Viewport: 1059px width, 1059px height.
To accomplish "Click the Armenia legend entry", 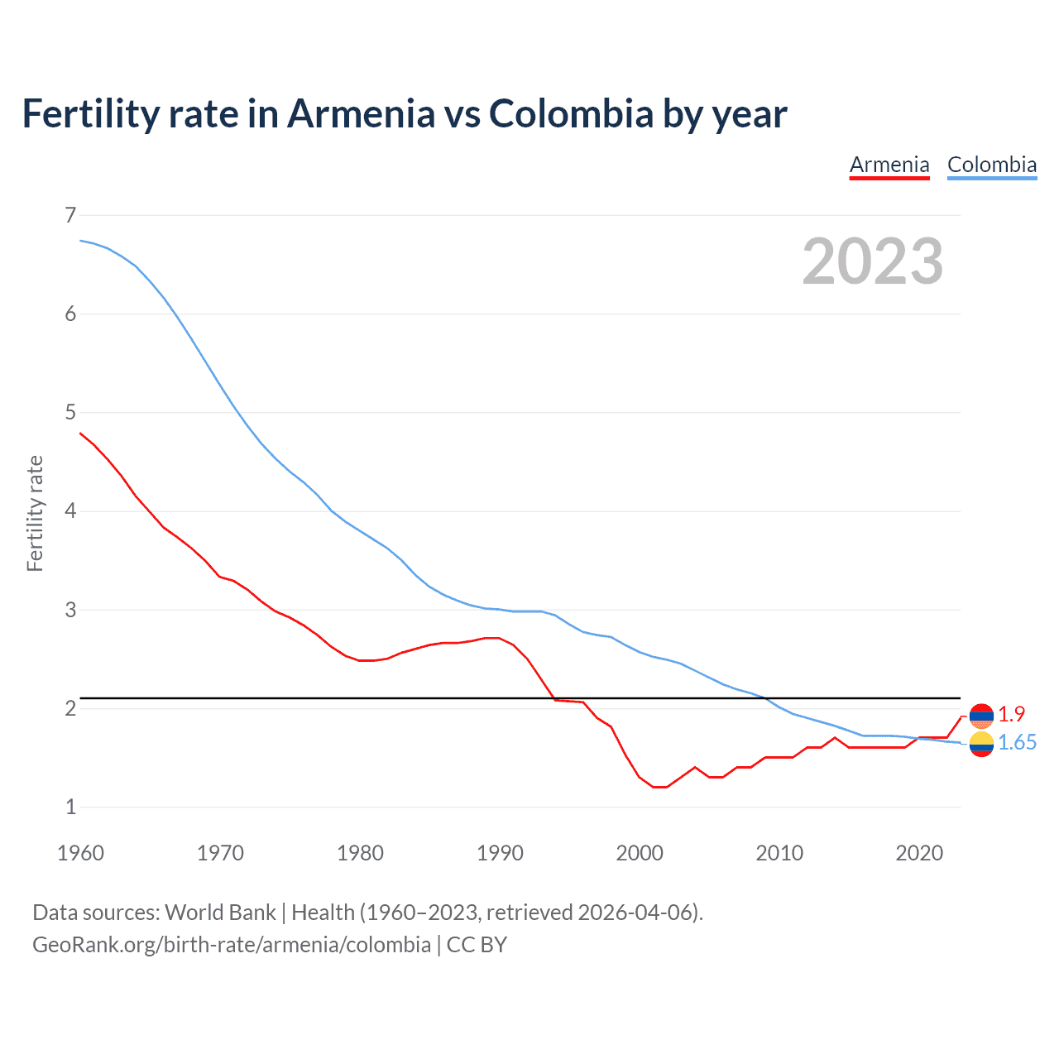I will coord(889,165).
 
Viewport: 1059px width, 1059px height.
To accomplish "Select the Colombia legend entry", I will coord(991,165).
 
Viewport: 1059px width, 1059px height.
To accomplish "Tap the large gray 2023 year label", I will coord(872,261).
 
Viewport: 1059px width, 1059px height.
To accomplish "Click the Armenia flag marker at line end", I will coord(981,716).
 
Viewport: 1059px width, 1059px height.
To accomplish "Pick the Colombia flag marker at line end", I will coord(981,744).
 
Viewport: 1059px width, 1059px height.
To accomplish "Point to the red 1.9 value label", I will coord(1011,714).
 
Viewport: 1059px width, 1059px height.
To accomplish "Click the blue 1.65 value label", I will coord(1017,743).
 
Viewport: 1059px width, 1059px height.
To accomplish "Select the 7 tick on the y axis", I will coord(70,215).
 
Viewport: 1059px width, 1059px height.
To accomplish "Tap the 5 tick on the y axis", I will coord(70,412).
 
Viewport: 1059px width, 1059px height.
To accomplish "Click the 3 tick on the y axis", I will coord(70,610).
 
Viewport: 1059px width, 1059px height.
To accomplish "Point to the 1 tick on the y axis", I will coord(70,807).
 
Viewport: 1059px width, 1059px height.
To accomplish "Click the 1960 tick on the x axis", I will coord(80,853).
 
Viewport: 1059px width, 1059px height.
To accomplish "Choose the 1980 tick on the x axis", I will coord(360,853).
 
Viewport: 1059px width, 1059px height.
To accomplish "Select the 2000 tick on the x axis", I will coord(640,853).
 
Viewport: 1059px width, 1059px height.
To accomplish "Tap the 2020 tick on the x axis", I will coord(919,853).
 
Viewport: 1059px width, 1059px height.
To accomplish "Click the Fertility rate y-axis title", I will coord(35,513).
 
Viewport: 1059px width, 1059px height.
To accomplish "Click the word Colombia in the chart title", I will coord(571,114).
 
